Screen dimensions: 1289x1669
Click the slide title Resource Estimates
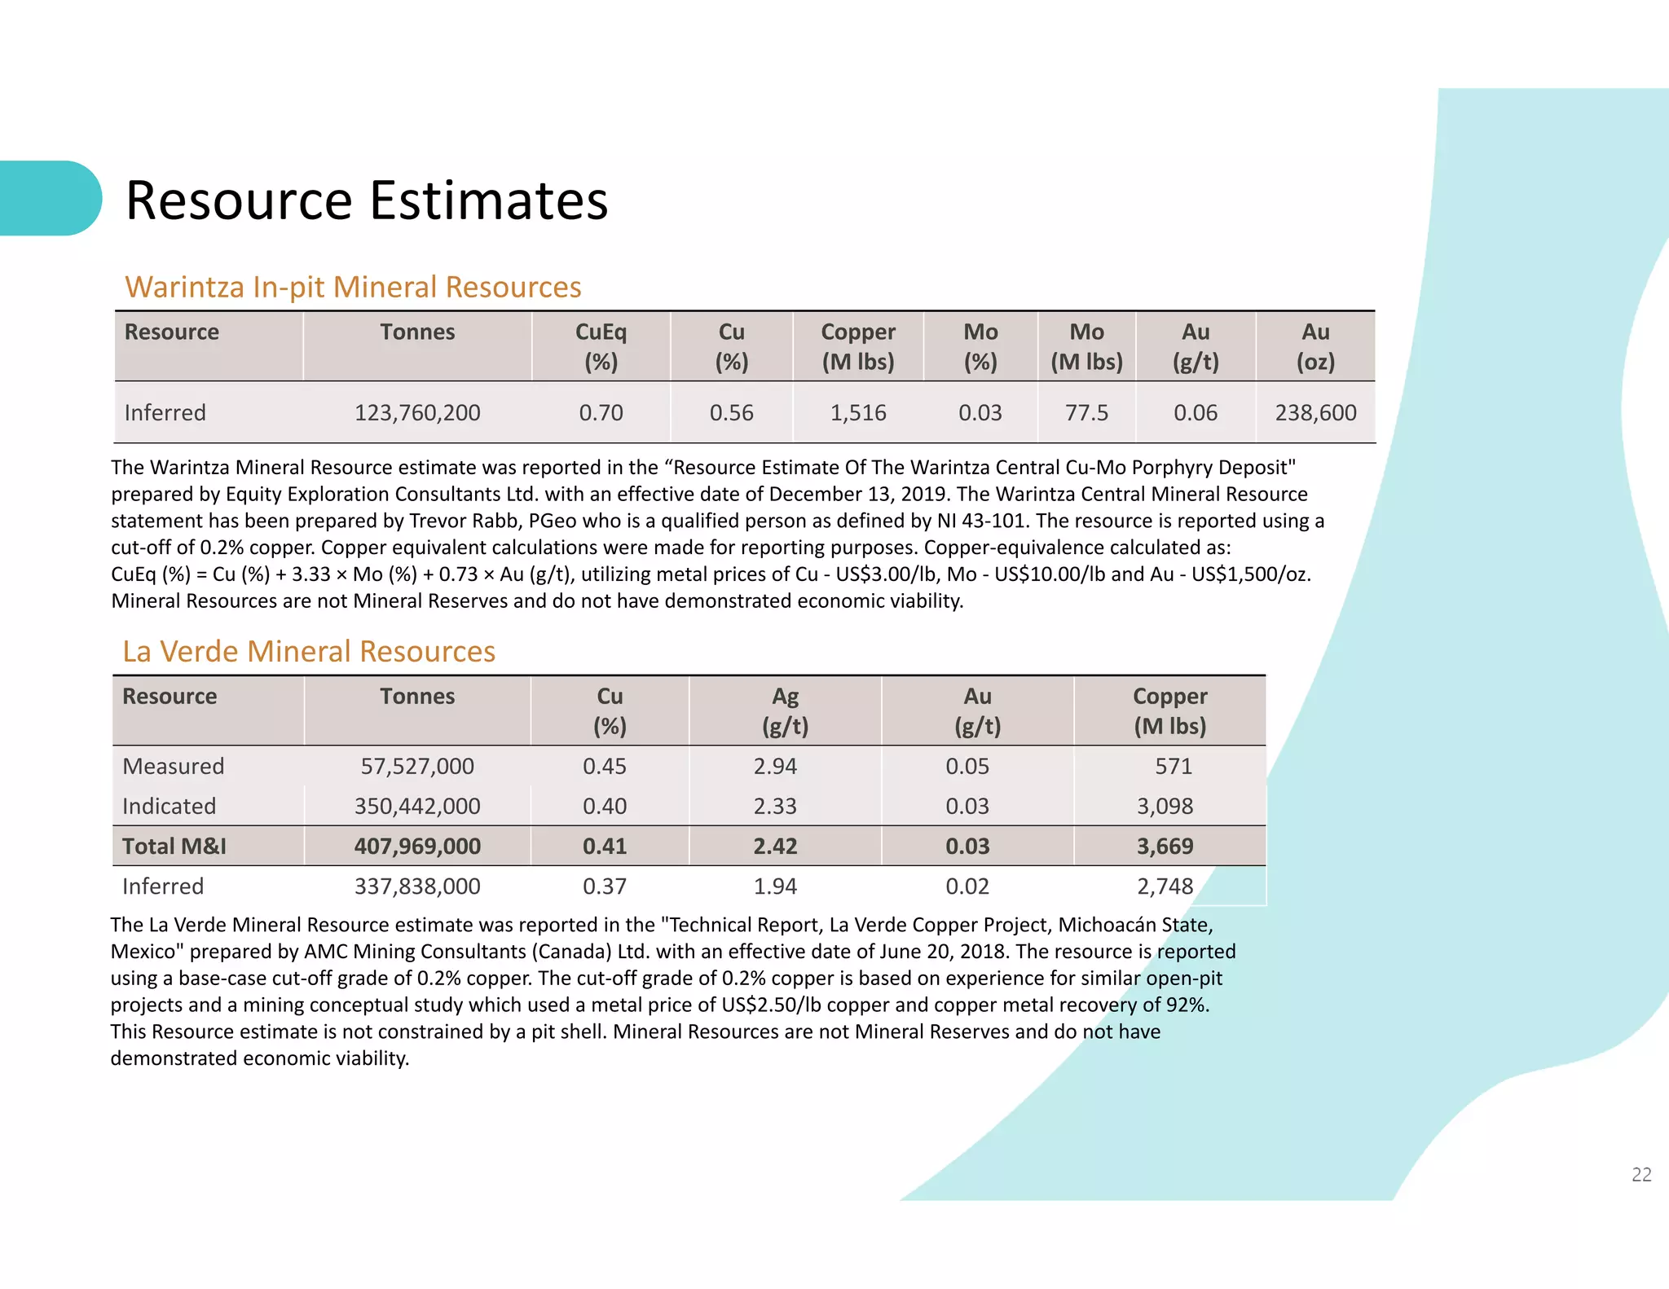click(x=367, y=200)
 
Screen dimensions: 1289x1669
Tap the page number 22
click(x=1641, y=1174)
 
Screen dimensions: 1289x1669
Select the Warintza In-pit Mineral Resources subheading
click(x=353, y=287)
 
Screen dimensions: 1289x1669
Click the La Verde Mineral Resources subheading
click(x=309, y=651)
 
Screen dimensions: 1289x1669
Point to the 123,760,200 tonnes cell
click(x=417, y=412)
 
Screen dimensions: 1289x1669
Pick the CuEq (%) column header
click(x=601, y=346)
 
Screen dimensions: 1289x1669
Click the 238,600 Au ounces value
click(x=1315, y=412)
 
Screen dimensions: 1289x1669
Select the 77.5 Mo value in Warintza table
click(x=1086, y=412)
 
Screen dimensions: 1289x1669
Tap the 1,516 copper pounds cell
click(x=857, y=412)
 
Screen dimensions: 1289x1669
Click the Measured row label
click(x=173, y=766)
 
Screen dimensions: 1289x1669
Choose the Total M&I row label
click(x=174, y=846)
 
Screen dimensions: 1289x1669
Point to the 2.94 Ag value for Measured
click(x=775, y=766)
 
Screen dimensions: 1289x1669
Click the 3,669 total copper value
click(x=1165, y=846)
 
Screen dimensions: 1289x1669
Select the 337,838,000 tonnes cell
click(x=417, y=886)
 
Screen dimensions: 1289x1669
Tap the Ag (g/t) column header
click(x=785, y=710)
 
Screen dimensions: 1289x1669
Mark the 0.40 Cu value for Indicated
click(x=605, y=806)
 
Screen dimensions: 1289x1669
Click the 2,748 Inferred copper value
click(x=1165, y=886)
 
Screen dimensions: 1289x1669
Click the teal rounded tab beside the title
click(x=49, y=198)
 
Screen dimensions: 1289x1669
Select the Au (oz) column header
click(x=1315, y=346)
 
